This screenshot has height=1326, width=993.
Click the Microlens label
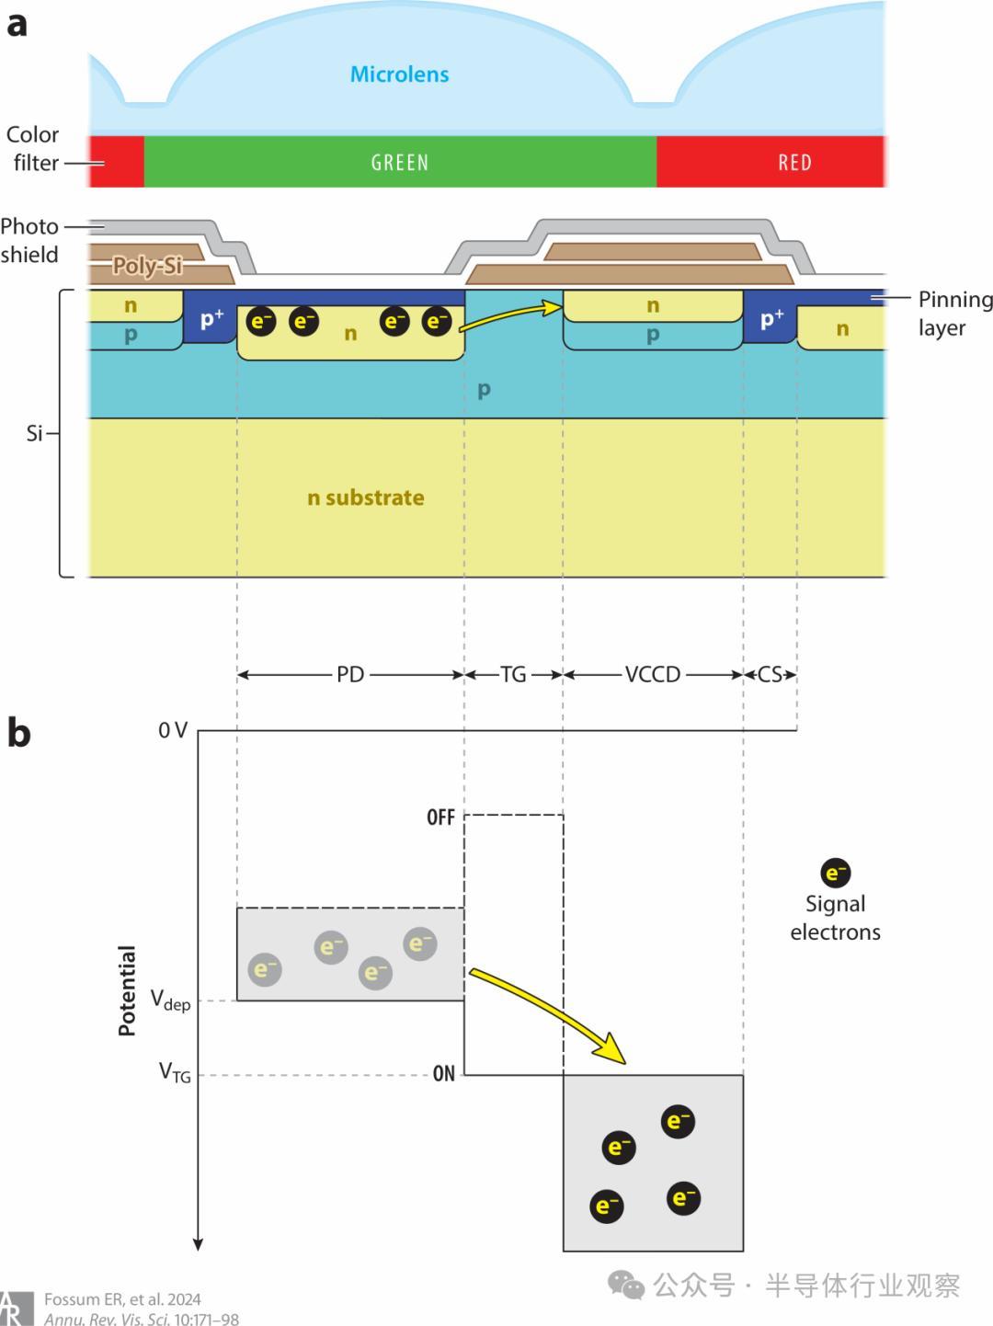399,74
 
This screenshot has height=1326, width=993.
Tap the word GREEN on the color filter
399,163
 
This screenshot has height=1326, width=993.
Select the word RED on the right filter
794,163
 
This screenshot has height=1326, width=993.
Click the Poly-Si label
147,266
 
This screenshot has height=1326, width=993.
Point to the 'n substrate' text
365,497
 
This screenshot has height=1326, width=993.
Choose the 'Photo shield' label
29,240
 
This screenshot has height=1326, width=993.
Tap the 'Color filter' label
33,148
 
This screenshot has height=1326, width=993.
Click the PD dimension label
350,675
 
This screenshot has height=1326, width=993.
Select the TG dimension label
513,675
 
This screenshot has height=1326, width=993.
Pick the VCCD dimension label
653,675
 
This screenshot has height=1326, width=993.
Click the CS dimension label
770,675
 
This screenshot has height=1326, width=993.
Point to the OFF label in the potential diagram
440,817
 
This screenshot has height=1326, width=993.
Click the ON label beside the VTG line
443,1074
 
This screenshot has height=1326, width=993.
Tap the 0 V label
173,731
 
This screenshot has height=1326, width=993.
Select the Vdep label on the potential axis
170,1000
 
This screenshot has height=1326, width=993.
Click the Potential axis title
127,990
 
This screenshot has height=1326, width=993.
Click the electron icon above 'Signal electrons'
835,873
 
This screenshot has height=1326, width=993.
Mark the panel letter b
18,734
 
